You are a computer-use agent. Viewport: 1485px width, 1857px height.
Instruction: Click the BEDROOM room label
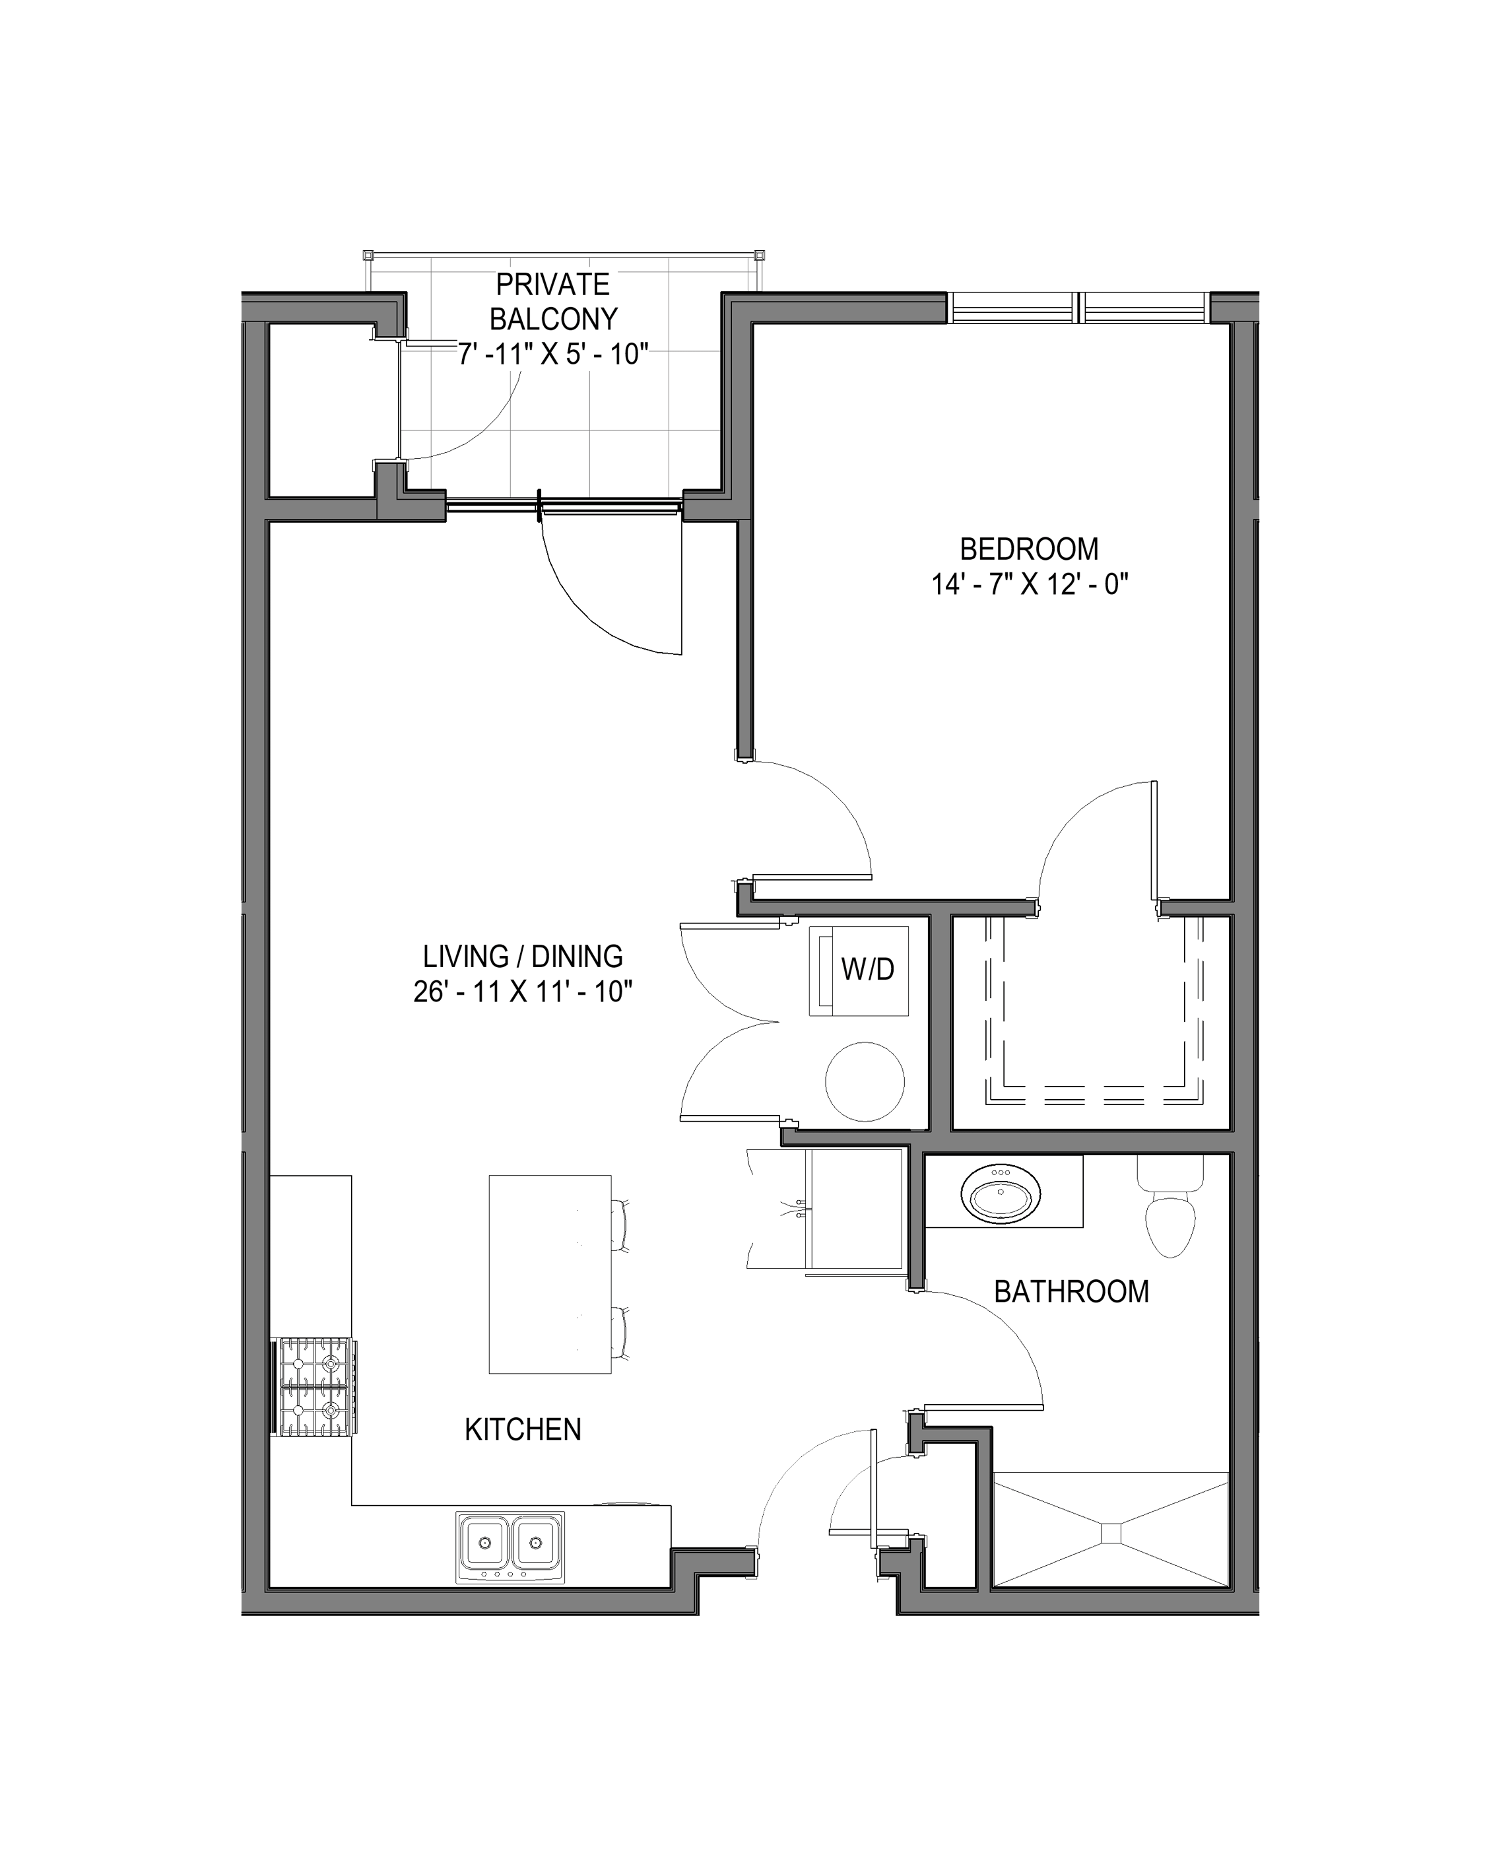[x=1030, y=549]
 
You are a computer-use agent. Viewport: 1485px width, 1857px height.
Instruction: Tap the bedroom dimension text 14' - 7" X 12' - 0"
[x=1030, y=585]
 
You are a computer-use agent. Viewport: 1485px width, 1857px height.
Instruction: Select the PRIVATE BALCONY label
[x=553, y=302]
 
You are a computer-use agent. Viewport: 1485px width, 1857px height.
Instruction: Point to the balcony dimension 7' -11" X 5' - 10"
[x=553, y=354]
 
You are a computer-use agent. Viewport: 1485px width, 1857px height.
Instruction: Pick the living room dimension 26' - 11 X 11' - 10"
[x=523, y=992]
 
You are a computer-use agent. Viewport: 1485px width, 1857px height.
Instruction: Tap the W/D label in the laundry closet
[x=867, y=969]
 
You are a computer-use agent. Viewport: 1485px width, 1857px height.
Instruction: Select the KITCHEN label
[x=523, y=1430]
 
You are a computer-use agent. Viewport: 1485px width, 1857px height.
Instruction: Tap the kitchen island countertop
[x=550, y=1274]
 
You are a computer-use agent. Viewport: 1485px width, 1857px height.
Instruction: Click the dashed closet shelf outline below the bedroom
[x=1094, y=1017]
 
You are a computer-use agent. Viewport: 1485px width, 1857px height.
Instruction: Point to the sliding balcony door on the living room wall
[x=565, y=508]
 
